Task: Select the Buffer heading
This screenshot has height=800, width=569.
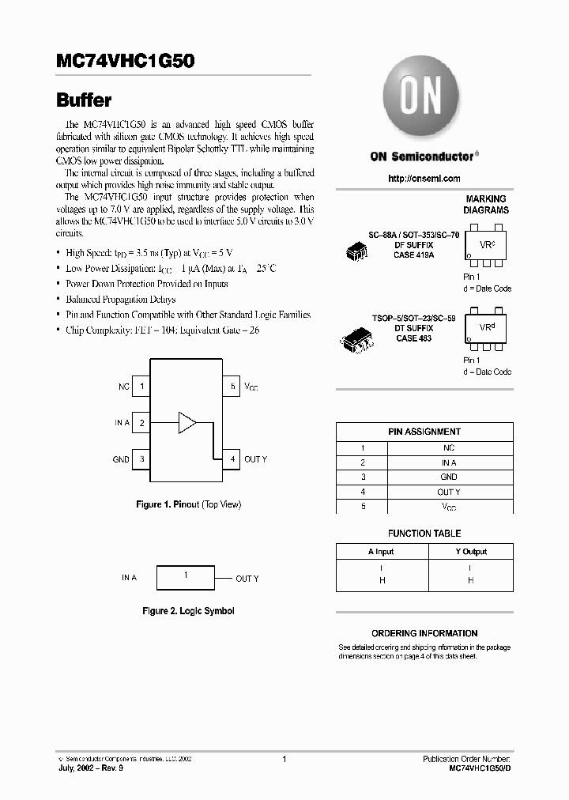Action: coord(84,100)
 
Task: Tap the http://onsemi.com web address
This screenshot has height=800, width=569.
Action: coord(424,179)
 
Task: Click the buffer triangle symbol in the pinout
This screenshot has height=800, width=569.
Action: coord(187,422)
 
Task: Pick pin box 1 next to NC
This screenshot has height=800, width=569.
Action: coord(141,387)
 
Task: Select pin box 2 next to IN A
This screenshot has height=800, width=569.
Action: coord(141,423)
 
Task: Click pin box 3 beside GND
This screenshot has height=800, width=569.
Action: coord(141,458)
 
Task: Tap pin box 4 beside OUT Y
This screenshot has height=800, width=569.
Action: coord(232,458)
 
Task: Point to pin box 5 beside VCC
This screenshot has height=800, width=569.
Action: coord(232,387)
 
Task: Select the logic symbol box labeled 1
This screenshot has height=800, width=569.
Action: coord(187,578)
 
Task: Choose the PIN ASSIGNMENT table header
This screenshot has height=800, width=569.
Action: coord(424,432)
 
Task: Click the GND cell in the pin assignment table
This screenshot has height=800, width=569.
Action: coord(449,477)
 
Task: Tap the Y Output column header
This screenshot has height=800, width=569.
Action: coord(471,552)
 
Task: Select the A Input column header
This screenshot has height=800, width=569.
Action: coord(381,552)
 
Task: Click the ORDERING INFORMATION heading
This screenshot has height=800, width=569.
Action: coord(424,633)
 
